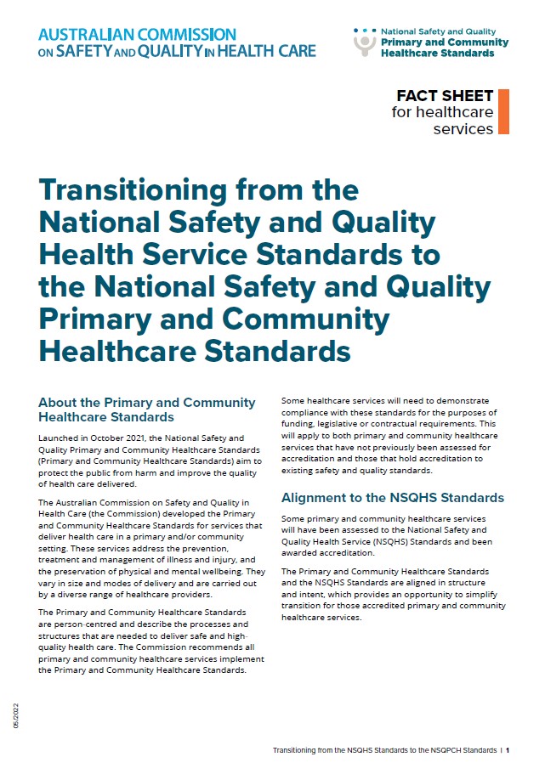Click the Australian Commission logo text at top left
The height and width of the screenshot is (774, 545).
[177, 42]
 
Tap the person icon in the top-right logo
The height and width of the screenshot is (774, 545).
[365, 43]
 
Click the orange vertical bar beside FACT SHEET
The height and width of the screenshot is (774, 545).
[503, 111]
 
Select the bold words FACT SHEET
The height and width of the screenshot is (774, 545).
[445, 96]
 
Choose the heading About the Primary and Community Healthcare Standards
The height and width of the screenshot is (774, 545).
[147, 410]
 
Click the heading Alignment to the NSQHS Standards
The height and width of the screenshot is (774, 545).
[392, 497]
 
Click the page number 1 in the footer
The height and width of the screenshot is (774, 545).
[507, 751]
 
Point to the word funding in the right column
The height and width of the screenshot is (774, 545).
[299, 424]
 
